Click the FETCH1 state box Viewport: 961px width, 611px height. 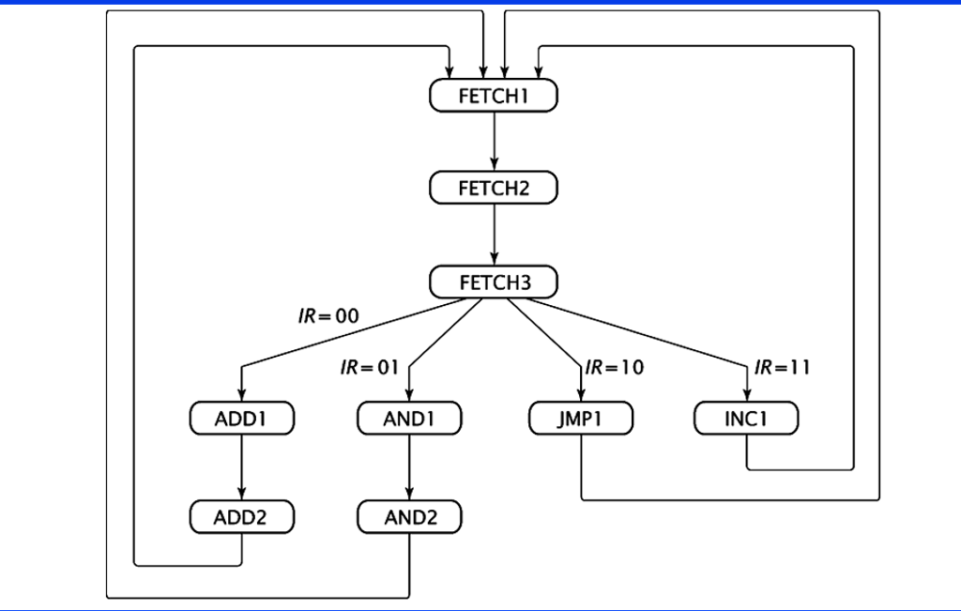click(x=494, y=96)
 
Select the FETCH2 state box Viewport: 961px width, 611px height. click(x=494, y=188)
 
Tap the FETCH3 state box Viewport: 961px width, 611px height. click(x=494, y=282)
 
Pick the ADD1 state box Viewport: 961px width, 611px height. click(x=242, y=419)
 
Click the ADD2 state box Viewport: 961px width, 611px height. click(x=242, y=517)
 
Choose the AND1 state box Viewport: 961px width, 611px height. click(x=409, y=419)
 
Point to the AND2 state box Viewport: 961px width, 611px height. click(x=409, y=517)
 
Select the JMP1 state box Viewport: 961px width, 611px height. click(x=581, y=419)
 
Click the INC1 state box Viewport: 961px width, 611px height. click(x=746, y=419)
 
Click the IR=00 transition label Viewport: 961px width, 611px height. click(x=328, y=316)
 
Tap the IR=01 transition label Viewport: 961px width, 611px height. click(x=370, y=367)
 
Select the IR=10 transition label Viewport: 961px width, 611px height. click(x=615, y=367)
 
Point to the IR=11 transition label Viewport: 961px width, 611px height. click(x=782, y=367)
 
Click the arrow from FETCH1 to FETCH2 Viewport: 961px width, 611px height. click(x=494, y=141)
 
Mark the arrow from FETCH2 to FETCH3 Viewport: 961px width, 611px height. click(x=494, y=235)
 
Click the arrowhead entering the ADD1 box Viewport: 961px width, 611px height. click(x=242, y=396)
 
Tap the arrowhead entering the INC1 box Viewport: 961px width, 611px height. click(x=746, y=396)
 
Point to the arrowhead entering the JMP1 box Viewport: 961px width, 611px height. click(x=581, y=396)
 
